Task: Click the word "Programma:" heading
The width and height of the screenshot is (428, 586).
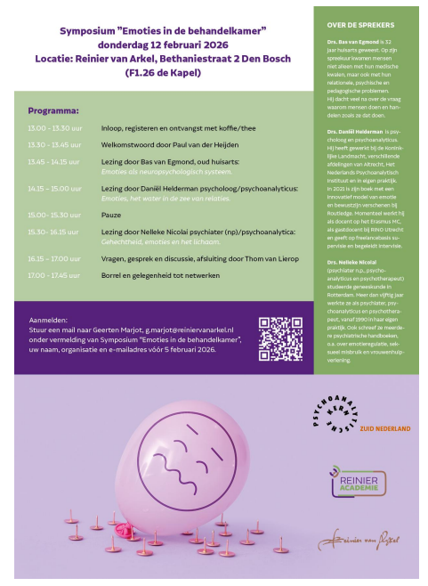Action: (54, 111)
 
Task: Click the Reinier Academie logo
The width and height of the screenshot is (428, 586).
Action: (360, 481)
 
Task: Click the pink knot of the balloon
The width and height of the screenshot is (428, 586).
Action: (135, 532)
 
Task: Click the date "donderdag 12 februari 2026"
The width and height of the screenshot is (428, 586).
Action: (163, 44)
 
